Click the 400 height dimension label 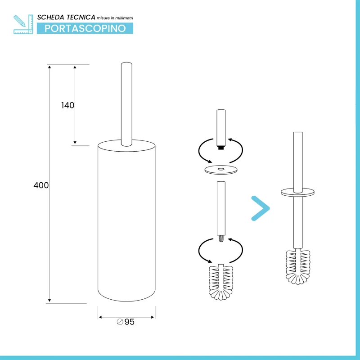point(41,185)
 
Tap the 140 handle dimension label point(68,105)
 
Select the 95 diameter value point(129,322)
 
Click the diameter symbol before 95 point(120,322)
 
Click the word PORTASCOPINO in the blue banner point(85,28)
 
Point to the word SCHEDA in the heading point(50,18)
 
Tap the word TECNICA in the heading point(81,18)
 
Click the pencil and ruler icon point(23,24)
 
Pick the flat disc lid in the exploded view point(221,170)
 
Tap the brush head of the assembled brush point(298,267)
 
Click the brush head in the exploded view point(221,283)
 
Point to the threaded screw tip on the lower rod point(221,238)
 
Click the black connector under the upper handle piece point(221,148)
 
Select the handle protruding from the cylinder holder point(126,104)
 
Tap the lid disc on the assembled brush point(298,193)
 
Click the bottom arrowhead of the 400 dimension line point(49,300)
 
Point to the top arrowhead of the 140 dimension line point(75,67)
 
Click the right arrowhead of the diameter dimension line point(153,317)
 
